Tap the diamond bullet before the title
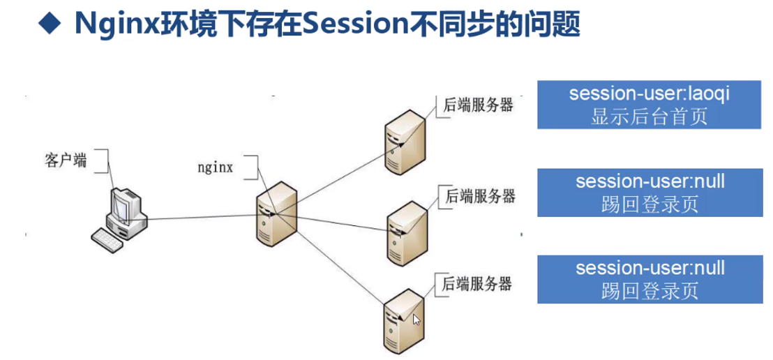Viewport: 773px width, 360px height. [50, 25]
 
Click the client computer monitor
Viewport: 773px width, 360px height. [123, 206]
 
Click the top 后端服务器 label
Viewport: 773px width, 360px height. [479, 105]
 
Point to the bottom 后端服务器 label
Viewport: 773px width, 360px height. [477, 283]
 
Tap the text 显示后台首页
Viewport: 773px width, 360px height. [650, 116]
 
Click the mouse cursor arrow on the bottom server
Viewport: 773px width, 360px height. [416, 320]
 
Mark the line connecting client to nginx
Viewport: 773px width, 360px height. [202, 218]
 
